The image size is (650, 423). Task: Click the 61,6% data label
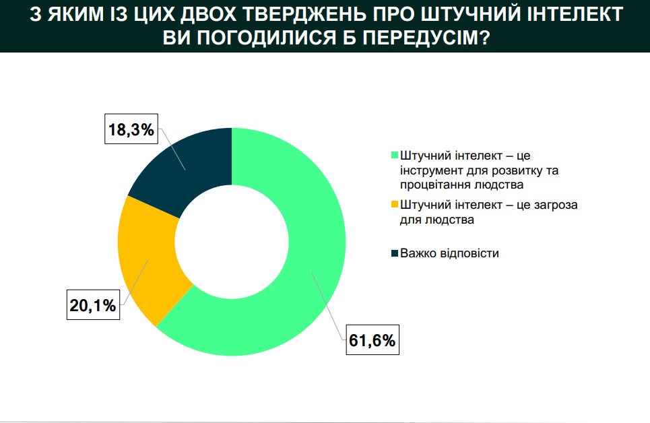click(372, 340)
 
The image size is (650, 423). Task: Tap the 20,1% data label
click(93, 305)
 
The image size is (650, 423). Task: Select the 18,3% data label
click(131, 129)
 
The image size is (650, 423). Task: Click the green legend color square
click(395, 155)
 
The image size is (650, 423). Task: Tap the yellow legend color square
click(395, 205)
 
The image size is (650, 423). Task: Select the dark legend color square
click(395, 253)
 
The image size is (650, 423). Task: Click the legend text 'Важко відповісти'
click(449, 253)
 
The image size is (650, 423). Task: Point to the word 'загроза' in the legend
click(556, 205)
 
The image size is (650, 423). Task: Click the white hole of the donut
click(232, 242)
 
